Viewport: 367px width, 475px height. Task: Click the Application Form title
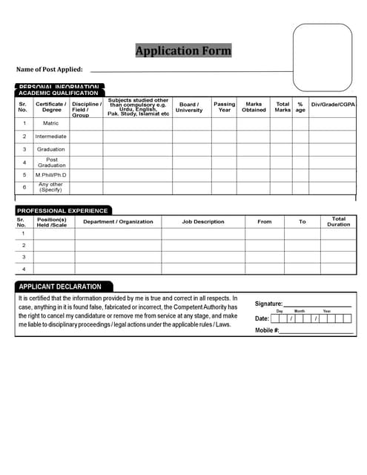click(183, 50)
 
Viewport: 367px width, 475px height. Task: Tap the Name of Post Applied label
click(49, 69)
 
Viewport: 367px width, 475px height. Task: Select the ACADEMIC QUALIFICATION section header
click(58, 93)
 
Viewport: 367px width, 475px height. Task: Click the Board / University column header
click(188, 107)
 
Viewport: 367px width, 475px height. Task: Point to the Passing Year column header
click(224, 107)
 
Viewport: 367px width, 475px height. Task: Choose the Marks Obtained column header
click(254, 107)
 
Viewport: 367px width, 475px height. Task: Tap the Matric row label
click(51, 123)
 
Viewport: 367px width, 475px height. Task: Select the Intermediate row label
click(51, 137)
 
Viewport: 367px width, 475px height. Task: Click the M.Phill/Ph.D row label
click(51, 174)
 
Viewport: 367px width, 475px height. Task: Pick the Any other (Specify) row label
click(51, 187)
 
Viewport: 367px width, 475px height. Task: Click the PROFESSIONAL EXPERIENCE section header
click(62, 211)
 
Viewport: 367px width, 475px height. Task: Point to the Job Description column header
click(202, 221)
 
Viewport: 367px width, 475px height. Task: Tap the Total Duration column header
click(338, 221)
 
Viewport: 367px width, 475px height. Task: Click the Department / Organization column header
click(118, 221)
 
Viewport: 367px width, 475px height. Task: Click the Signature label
click(268, 304)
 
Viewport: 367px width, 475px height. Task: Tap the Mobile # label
click(267, 330)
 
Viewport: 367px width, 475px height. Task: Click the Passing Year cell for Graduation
click(224, 149)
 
